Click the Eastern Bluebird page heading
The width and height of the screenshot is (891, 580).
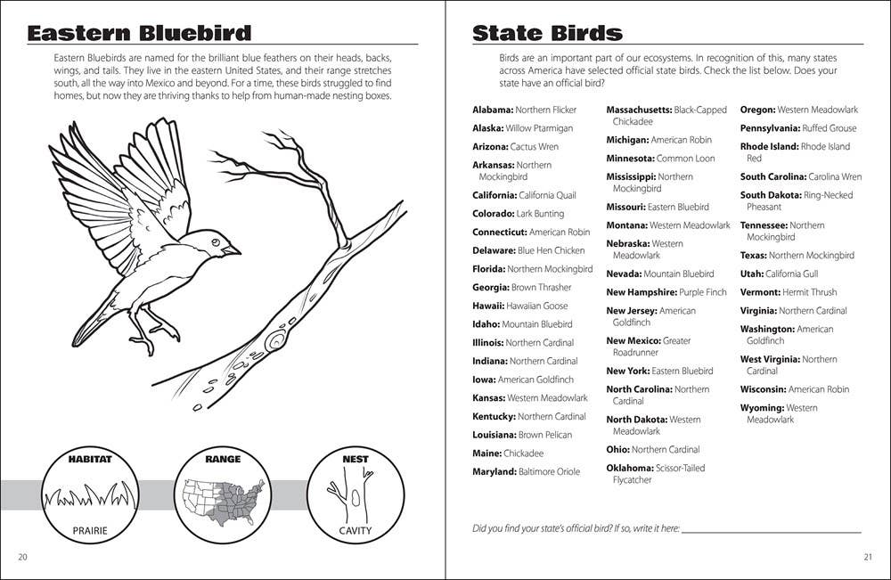pyautogui.click(x=139, y=34)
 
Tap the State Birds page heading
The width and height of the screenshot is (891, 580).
pyautogui.click(x=547, y=34)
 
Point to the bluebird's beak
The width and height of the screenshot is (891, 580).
pyautogui.click(x=232, y=251)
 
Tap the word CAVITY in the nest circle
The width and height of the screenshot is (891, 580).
pyautogui.click(x=356, y=531)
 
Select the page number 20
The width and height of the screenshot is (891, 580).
pyautogui.click(x=22, y=558)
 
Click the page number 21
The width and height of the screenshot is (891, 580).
pyautogui.click(x=868, y=558)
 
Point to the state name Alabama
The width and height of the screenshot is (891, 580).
pyautogui.click(x=493, y=110)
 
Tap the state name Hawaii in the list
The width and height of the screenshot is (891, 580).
pyautogui.click(x=489, y=306)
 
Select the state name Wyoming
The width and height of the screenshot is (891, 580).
pyautogui.click(x=762, y=408)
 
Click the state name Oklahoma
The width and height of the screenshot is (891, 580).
pyautogui.click(x=629, y=468)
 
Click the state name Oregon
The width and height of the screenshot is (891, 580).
pyautogui.click(x=757, y=110)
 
